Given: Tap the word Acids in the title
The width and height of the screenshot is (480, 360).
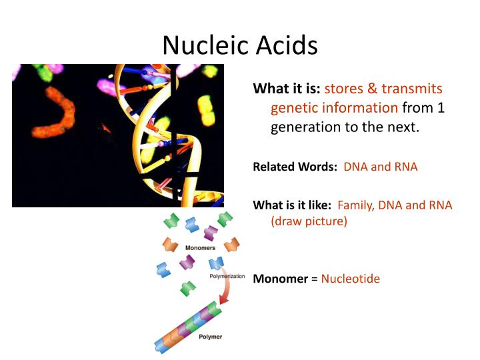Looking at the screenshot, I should click(282, 45).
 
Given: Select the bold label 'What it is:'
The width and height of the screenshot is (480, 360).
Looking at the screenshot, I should click(287, 89).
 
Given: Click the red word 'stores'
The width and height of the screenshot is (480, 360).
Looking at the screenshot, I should click(344, 89).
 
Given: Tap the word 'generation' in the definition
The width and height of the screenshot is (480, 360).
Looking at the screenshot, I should click(306, 127).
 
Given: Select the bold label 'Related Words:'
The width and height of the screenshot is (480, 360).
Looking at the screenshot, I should click(295, 167).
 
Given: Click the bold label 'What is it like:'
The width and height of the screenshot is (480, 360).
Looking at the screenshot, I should click(292, 205).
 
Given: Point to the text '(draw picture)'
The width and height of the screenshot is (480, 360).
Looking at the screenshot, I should click(309, 221).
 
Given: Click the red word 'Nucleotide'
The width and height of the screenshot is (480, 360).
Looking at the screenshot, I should click(350, 279).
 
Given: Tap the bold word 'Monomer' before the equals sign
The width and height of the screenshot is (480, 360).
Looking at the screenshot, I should click(280, 279).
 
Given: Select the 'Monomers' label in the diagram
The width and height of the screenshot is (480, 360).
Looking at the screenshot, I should click(200, 247).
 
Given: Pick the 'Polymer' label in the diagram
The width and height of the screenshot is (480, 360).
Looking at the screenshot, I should click(211, 337).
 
